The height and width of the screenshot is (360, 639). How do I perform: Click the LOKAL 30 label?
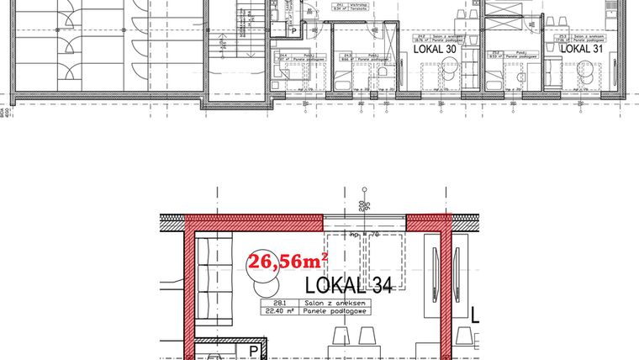(436, 50)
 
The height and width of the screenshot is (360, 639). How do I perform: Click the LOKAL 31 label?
(582, 50)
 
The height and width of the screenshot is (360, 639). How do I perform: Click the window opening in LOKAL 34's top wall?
(365, 223)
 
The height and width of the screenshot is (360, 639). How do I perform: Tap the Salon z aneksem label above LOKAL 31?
(587, 38)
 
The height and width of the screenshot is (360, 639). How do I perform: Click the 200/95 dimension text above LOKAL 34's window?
(362, 205)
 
